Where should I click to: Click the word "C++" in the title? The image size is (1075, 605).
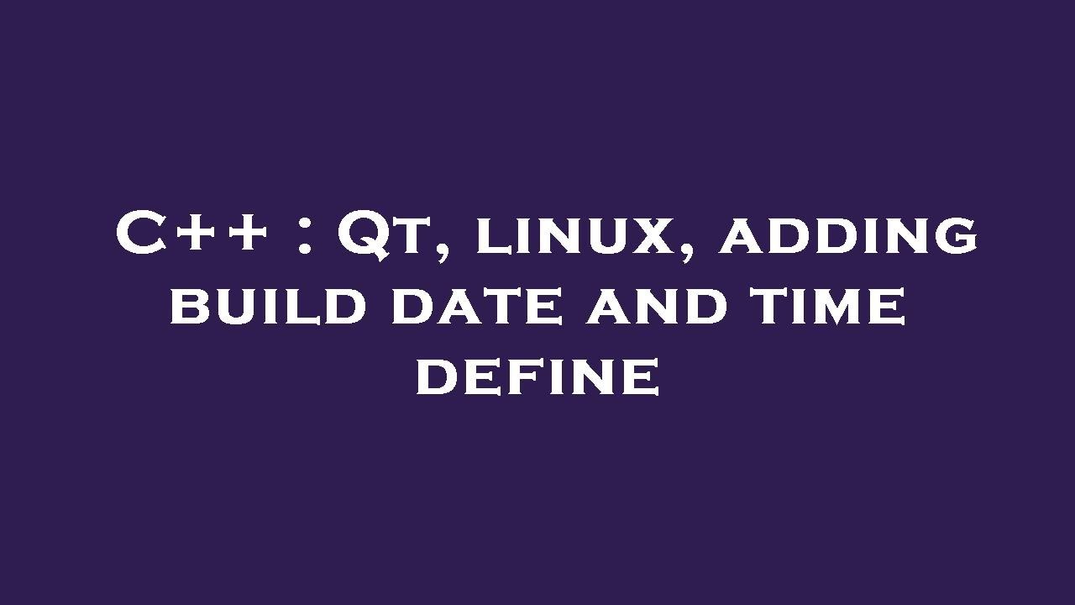[192, 234]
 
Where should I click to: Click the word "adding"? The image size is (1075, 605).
[848, 236]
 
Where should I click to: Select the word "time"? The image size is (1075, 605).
[827, 306]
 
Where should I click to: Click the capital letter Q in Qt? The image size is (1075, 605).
[361, 235]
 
